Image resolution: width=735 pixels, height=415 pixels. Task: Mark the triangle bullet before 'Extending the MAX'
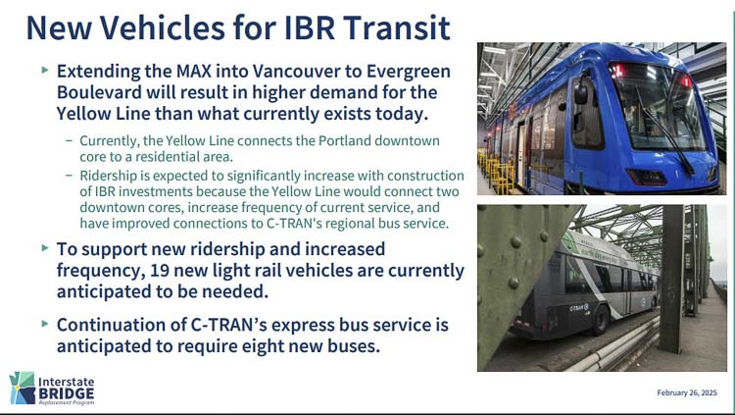point(45,71)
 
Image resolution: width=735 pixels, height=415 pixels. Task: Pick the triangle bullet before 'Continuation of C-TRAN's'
point(45,324)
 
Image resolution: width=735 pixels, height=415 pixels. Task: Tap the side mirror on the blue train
point(581,91)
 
